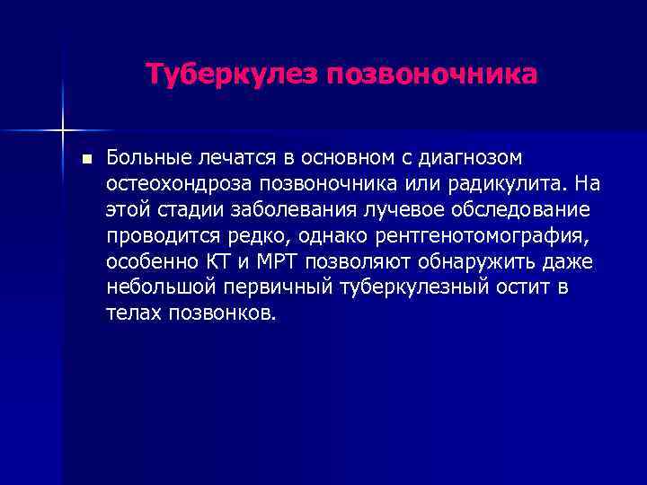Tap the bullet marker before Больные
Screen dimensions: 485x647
85,160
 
